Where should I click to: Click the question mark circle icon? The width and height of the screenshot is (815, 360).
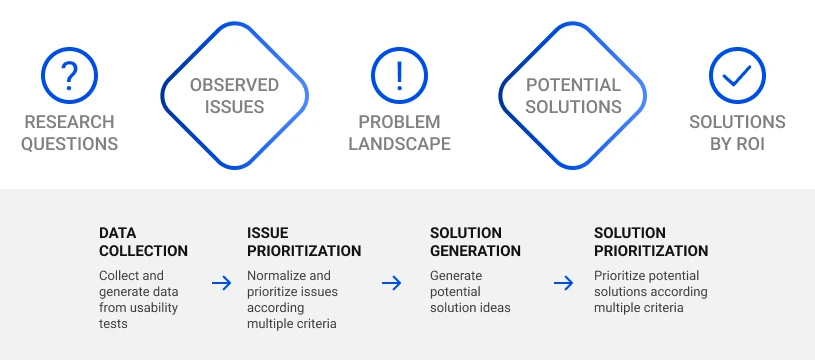69,75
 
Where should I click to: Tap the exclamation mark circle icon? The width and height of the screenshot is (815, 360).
399,75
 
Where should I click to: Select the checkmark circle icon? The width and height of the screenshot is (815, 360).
737,75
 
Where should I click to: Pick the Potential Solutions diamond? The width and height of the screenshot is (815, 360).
573,96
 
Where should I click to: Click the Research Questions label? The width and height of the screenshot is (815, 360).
70,132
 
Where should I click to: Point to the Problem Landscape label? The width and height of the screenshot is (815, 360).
399,132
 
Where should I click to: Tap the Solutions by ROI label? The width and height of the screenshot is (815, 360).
737,132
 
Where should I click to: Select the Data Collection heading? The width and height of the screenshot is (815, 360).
143,242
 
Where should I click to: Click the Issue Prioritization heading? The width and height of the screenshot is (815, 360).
304,242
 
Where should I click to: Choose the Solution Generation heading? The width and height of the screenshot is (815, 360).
475,242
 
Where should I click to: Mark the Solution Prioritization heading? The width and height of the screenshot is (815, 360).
651,242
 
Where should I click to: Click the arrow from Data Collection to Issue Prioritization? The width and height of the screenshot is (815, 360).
221,284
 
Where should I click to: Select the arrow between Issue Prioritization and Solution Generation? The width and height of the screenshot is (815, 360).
392,284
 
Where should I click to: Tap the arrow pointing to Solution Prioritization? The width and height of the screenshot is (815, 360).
564,284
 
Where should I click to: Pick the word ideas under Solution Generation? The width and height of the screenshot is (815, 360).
494,308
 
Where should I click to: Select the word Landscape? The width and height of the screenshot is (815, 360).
399,143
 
